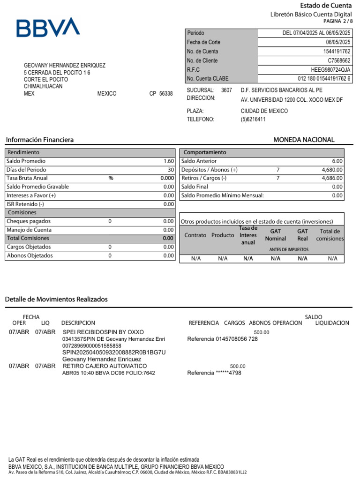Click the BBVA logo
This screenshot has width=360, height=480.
(48, 28)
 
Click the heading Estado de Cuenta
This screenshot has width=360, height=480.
(325, 6)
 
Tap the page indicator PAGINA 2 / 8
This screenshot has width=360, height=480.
(337, 22)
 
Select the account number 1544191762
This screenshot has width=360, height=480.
(337, 51)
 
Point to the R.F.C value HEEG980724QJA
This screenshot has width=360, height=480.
(331, 69)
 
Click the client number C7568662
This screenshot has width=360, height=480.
(338, 60)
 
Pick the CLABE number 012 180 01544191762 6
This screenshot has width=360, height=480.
(324, 78)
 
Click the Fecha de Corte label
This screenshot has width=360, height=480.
(203, 42)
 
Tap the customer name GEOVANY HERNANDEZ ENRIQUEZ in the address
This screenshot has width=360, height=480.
(65, 66)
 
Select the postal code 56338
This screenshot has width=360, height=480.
(166, 94)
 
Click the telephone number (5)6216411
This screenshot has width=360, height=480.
(253, 119)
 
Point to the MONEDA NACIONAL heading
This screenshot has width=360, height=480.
(304, 140)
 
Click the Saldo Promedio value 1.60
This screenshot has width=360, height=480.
(169, 161)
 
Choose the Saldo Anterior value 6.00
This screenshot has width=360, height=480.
(337, 161)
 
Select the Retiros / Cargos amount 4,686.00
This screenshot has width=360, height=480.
(332, 178)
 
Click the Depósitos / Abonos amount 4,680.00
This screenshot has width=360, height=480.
(332, 170)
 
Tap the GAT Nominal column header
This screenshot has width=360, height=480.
(275, 235)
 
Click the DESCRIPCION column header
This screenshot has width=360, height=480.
(78, 323)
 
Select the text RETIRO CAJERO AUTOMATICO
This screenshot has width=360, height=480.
(105, 366)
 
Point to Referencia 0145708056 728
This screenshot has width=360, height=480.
(222, 339)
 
